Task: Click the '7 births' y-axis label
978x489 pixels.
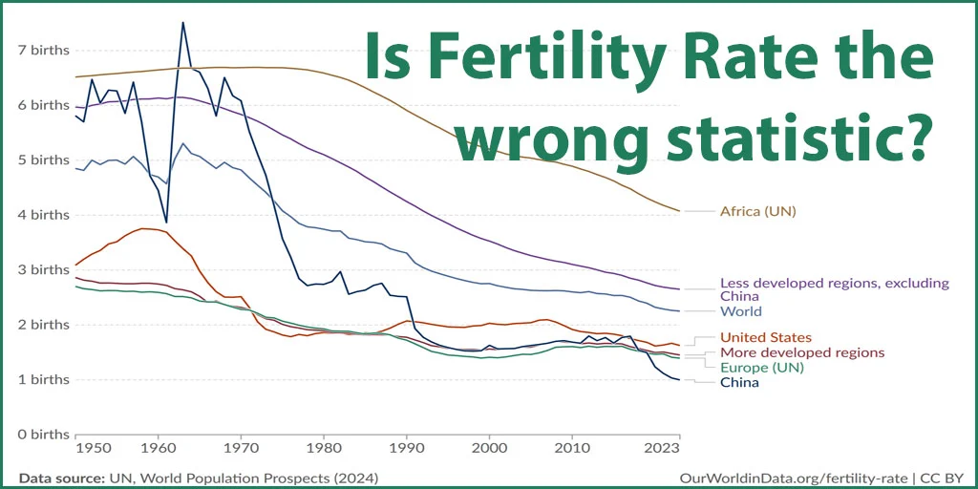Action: [x=45, y=50]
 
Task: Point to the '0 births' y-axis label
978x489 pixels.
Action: [x=45, y=435]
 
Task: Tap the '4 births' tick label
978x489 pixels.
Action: [x=45, y=215]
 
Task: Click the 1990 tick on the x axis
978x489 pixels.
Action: [x=406, y=447]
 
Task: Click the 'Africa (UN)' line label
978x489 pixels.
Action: [x=757, y=211]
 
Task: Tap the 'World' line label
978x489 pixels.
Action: [x=741, y=311]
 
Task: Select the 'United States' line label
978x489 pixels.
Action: [x=766, y=337]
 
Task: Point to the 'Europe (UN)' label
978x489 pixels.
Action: [x=761, y=368]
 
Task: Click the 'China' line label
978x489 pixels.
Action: [x=739, y=383]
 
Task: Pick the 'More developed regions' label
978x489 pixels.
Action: [x=802, y=352]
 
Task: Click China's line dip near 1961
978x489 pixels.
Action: [x=166, y=222]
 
